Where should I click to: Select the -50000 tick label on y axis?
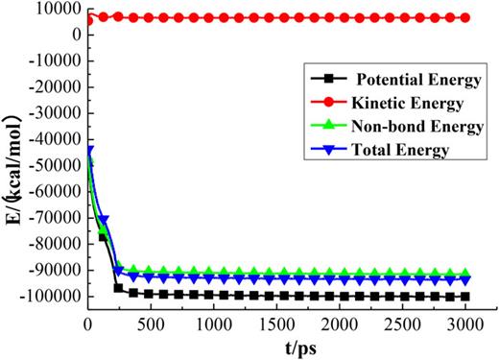pyautogui.click(x=55, y=152)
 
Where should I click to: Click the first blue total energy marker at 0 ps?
pyautogui.click(x=89, y=150)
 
